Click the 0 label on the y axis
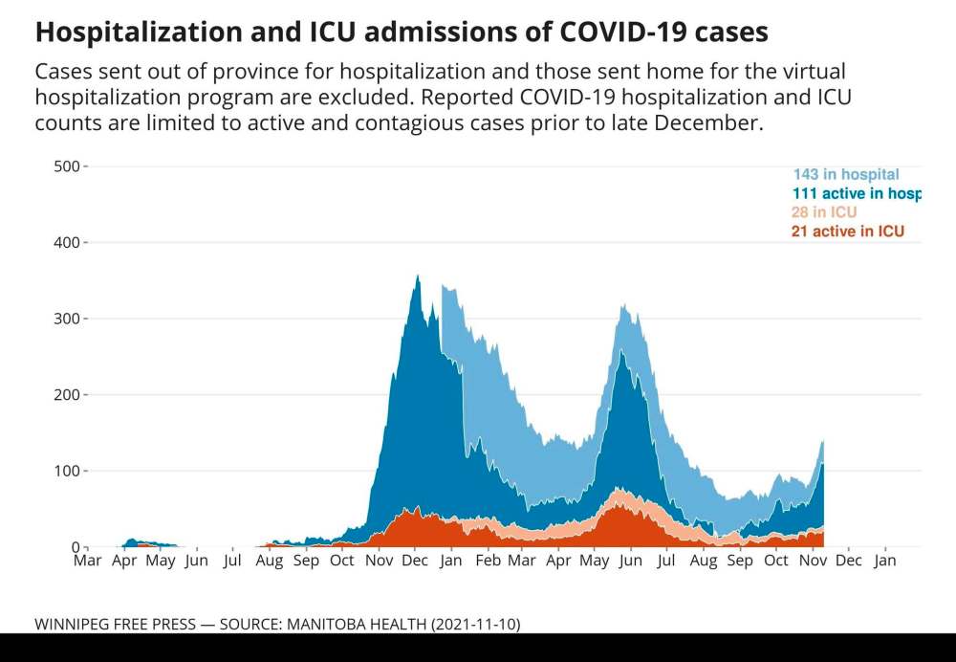74,547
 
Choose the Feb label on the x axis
489,561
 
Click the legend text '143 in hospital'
846,174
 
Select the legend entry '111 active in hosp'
856,193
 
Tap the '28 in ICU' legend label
824,212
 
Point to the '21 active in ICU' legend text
848,232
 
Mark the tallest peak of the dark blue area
417,276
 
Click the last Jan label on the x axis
885,561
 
